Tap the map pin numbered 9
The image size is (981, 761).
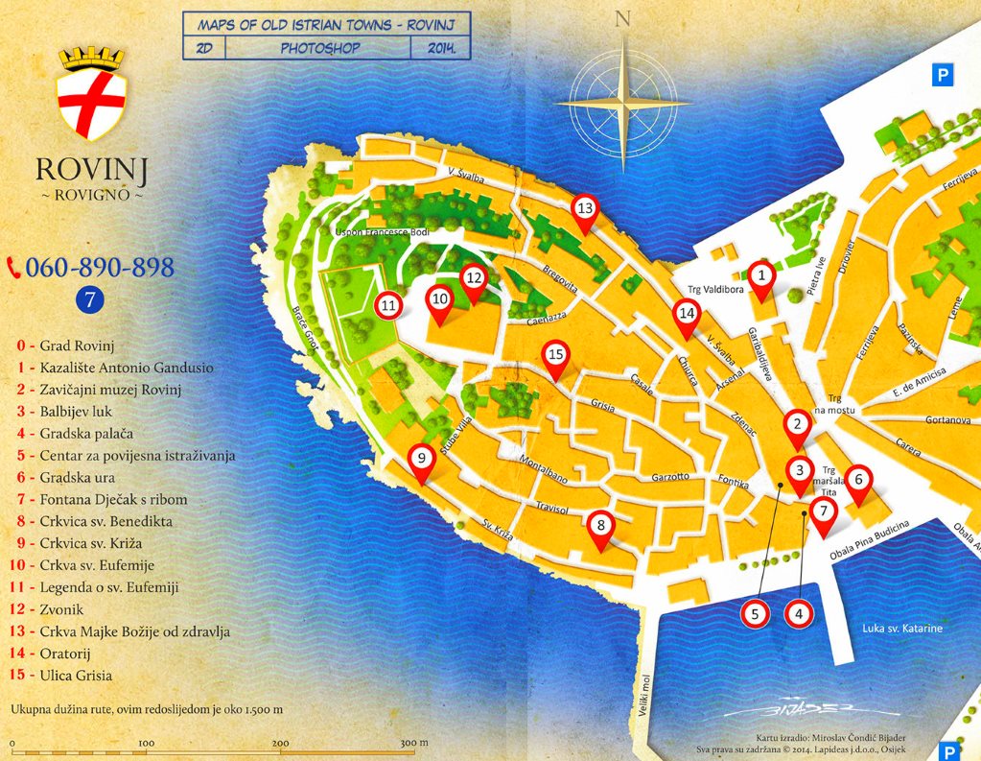coord(421,460)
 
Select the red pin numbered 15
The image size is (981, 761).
coord(555,355)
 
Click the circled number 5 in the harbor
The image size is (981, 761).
coord(756,613)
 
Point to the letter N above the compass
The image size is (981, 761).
coord(623,19)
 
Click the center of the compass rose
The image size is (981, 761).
coord(623,101)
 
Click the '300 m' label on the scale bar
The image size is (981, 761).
coord(413,743)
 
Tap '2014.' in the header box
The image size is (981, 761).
coord(439,46)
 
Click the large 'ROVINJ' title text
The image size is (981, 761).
coord(91,170)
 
